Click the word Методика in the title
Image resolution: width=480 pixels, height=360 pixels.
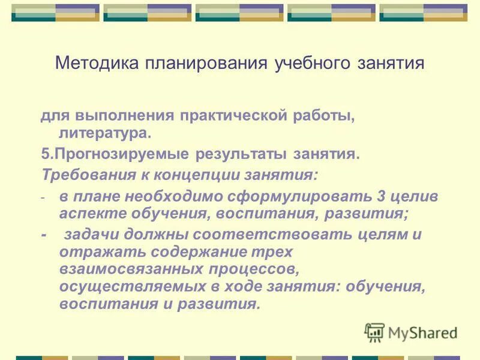[95, 64]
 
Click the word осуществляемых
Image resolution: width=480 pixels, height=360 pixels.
[118, 287]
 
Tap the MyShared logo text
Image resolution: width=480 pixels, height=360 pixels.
[422, 333]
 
